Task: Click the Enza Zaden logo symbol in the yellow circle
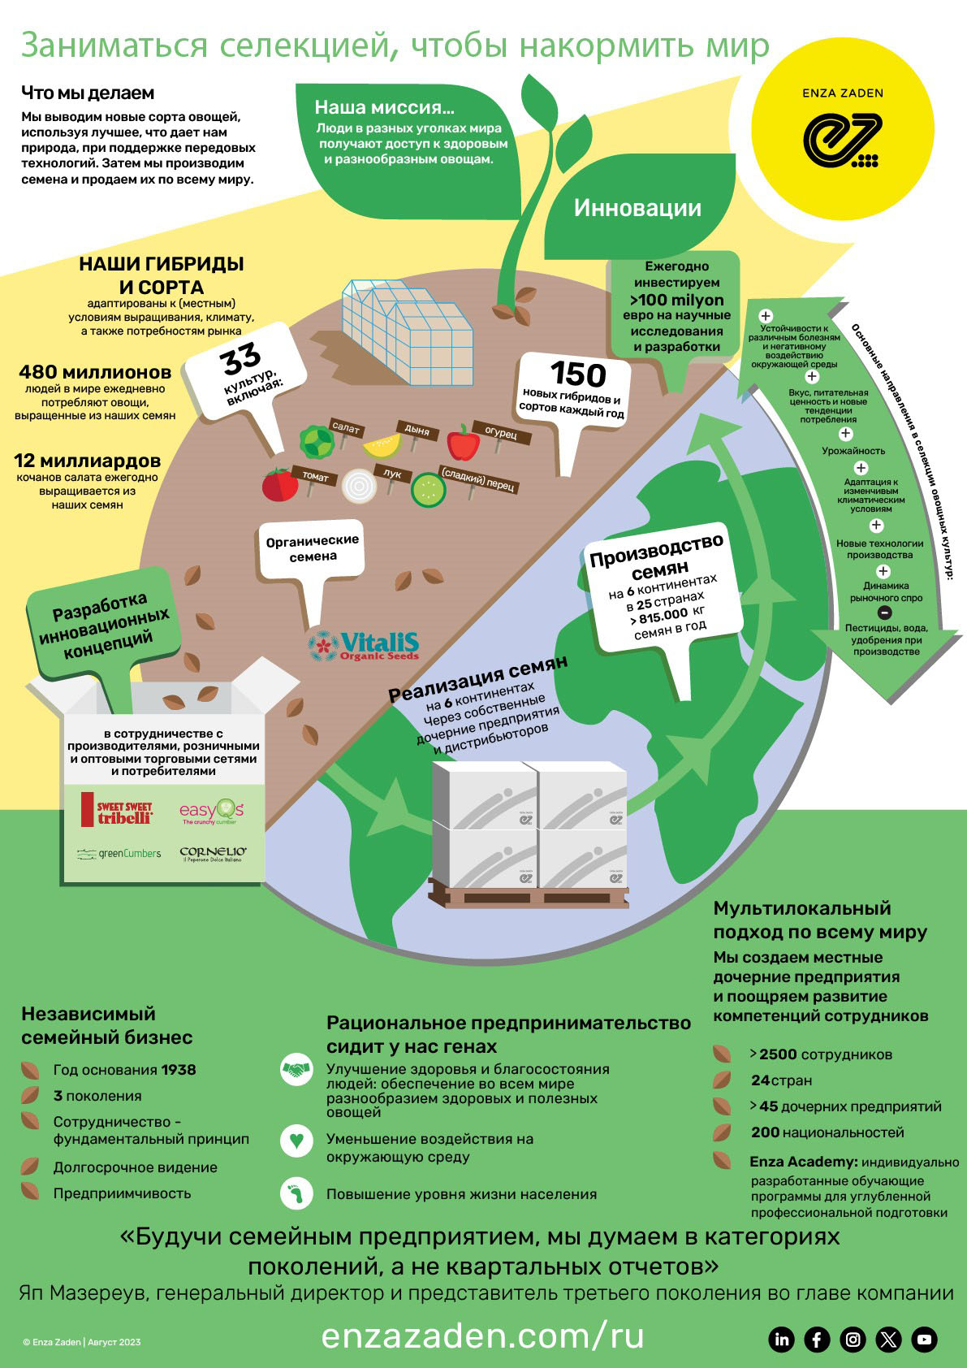[842, 140]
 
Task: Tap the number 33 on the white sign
[241, 358]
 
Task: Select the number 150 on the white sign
[577, 373]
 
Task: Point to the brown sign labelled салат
[346, 428]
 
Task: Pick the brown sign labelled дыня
[417, 430]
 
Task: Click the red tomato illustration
[279, 484]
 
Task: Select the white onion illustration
[359, 486]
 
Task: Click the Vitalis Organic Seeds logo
[364, 646]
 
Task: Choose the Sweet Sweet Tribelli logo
[117, 810]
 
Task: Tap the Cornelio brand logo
[213, 854]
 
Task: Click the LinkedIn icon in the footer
[781, 1340]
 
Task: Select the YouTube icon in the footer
[924, 1340]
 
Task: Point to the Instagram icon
[853, 1340]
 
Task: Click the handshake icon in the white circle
[296, 1069]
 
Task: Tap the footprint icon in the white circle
[296, 1193]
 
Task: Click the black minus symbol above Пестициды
[884, 613]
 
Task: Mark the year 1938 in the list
[178, 1069]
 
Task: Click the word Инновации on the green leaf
[637, 208]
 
